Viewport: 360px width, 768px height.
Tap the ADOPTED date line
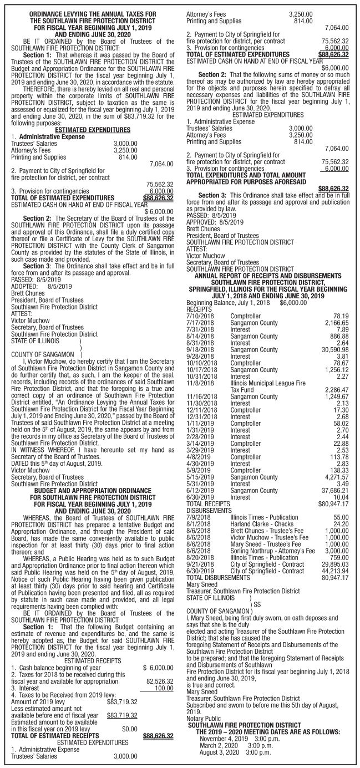click(x=41, y=287)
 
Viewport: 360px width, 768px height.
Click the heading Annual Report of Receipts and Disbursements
click(x=271, y=276)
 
